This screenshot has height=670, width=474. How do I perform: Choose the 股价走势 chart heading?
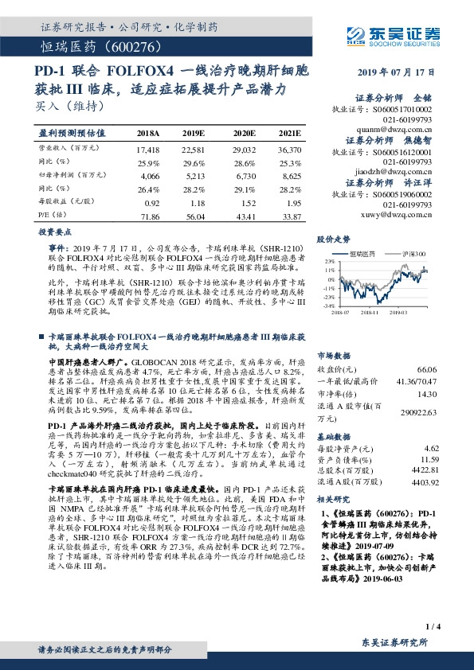click(x=333, y=239)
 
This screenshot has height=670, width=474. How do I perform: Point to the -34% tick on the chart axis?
click(x=328, y=305)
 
